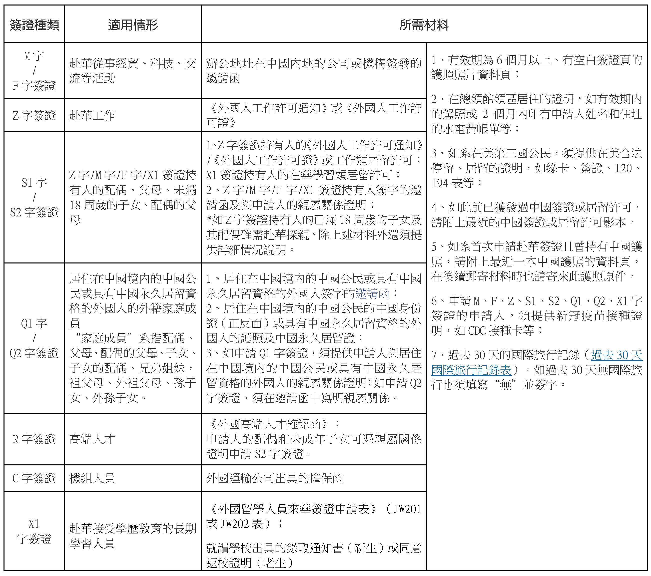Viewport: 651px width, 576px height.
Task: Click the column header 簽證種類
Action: coord(34,25)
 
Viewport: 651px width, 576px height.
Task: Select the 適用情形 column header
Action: coord(133,25)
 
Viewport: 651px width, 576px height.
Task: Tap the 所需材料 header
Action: coord(424,25)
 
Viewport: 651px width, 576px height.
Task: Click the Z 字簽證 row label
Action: coord(34,115)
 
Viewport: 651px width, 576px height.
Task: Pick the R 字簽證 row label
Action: coord(34,439)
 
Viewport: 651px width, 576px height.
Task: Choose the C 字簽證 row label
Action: coord(34,478)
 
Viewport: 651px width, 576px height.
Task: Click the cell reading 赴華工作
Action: coord(92,115)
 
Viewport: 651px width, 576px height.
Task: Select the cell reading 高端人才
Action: coord(92,439)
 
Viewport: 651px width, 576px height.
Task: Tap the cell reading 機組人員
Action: coord(92,478)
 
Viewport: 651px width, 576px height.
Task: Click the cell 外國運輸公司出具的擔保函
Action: coord(275,478)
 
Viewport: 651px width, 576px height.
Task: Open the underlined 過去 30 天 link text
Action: coord(616,355)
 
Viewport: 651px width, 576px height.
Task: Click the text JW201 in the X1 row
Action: coord(407,509)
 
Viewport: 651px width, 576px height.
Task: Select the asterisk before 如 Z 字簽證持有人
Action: coord(209,220)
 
